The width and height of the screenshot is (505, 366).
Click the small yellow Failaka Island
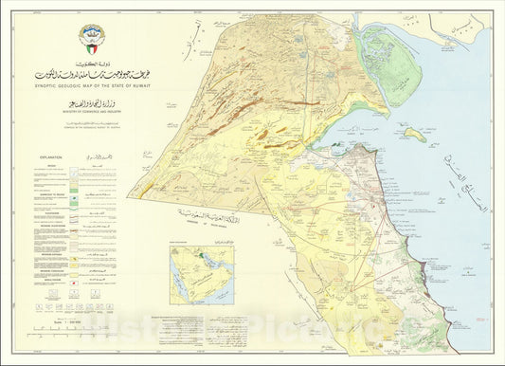414,134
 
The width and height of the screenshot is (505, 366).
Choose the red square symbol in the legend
38,313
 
